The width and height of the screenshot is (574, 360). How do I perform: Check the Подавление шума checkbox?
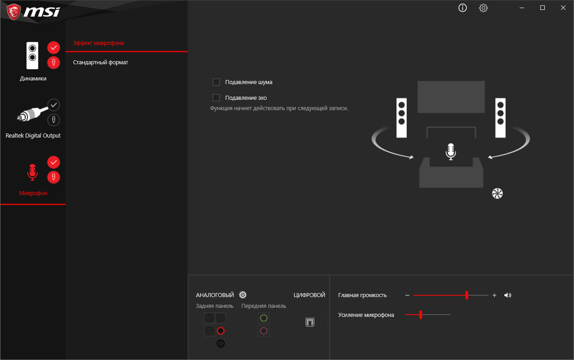pos(216,82)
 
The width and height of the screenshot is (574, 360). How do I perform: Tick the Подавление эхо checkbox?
pos(216,98)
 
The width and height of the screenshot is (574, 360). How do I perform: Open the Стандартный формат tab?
pos(100,62)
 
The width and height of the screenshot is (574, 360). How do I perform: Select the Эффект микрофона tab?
pos(98,43)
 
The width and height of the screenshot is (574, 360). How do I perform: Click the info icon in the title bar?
pos(462,8)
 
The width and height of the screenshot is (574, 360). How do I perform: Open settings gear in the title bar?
pos(483,8)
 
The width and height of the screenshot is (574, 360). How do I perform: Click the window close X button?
pos(563,8)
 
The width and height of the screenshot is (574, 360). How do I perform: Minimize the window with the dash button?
pos(522,8)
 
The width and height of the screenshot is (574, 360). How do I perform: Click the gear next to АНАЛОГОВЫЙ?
pos(243,295)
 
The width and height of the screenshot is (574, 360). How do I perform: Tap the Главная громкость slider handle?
pos(467,295)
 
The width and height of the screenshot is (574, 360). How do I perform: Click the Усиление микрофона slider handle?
pos(421,315)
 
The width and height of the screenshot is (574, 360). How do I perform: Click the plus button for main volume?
pos(494,295)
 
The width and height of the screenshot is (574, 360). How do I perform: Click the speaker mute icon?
pos(507,295)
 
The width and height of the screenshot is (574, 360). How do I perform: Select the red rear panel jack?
pos(221,331)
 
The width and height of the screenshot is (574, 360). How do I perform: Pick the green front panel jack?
pos(264,318)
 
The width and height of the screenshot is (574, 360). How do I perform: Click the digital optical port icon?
pos(310,322)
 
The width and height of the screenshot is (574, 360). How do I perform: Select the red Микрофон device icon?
pos(32,172)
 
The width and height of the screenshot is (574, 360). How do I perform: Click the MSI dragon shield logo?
pos(13,12)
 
